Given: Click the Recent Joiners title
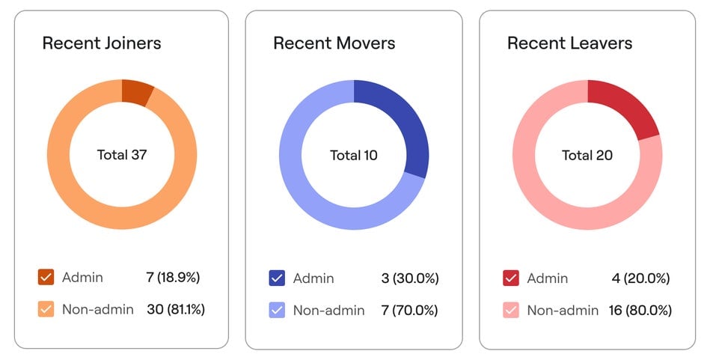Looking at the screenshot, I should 101,43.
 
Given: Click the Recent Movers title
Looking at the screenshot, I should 334,43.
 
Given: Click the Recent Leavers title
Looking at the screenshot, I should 569,43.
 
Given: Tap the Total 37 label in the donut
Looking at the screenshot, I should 122,156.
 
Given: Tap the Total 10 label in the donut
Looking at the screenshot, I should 354,156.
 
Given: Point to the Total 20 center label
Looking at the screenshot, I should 587,156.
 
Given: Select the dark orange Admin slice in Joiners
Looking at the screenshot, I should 136,92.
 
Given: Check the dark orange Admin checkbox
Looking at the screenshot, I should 46,278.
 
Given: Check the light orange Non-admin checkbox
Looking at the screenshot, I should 46,309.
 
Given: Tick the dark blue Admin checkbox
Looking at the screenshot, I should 277,278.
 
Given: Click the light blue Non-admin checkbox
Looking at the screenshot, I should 277,310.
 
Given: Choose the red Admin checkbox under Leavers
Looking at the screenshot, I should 511,278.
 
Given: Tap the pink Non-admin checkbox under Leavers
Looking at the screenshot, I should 511,310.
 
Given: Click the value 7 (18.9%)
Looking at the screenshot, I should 173,278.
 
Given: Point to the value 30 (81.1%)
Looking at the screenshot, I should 175,309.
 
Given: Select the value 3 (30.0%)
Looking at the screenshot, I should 409,278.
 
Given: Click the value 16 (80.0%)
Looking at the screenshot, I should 640,310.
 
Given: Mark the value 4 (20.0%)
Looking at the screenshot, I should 640,278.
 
